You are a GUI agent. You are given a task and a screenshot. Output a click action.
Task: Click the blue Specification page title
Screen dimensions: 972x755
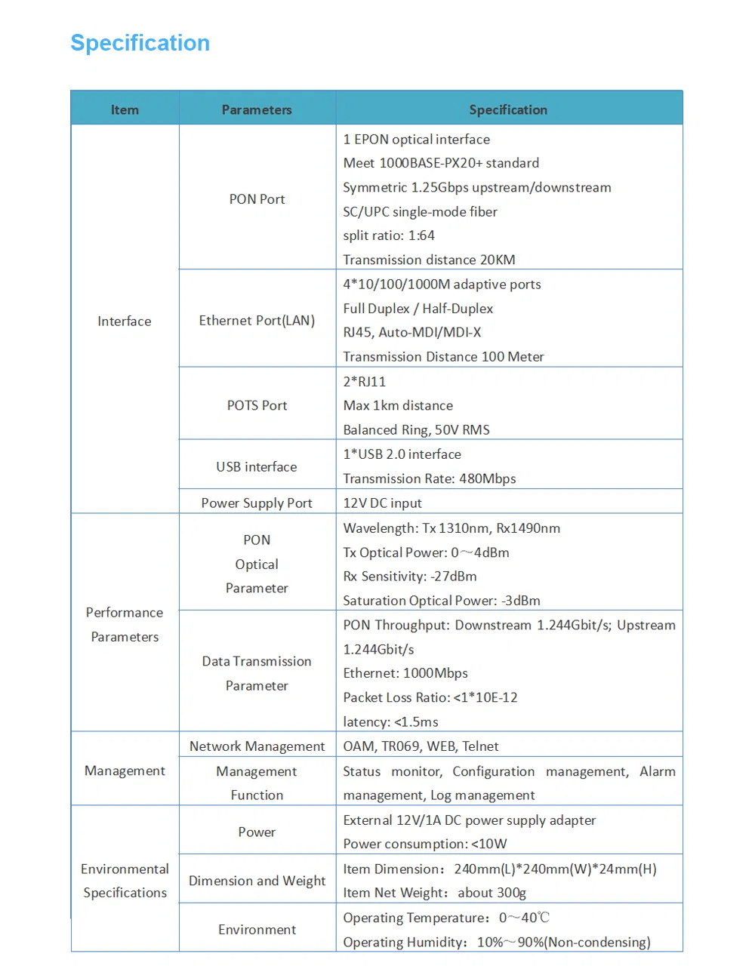tap(140, 43)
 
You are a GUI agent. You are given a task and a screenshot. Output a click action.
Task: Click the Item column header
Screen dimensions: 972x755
tap(125, 109)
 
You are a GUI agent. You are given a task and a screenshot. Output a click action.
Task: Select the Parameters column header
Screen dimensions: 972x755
tap(257, 109)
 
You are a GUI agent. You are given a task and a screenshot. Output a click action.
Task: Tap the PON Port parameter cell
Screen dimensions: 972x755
tap(257, 199)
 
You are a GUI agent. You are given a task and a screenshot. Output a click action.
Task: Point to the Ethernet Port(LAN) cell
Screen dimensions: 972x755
tap(257, 321)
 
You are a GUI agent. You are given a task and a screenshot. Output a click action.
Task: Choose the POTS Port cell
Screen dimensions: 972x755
tap(257, 405)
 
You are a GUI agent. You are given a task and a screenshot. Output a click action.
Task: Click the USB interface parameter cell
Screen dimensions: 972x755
tap(257, 467)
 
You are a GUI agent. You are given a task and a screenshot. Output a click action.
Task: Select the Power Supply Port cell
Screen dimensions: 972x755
tap(257, 503)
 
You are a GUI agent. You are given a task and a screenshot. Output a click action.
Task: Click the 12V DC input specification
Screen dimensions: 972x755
tap(382, 503)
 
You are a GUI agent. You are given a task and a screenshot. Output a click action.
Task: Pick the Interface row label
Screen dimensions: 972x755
tap(125, 321)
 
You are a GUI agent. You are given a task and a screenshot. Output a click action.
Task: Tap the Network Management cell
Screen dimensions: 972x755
tap(257, 746)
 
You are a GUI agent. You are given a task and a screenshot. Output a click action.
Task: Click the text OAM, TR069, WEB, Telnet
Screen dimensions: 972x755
tap(421, 746)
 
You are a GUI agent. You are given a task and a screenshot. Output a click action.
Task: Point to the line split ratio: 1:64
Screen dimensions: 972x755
tap(389, 235)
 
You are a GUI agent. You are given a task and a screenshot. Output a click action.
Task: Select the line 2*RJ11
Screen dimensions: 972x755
tap(364, 382)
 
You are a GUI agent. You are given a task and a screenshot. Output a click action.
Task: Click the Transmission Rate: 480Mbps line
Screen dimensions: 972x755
tap(430, 478)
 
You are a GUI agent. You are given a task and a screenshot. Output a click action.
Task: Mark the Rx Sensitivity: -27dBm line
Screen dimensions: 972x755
tap(410, 577)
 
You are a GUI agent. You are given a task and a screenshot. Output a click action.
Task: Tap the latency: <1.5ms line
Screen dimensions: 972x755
tap(390, 722)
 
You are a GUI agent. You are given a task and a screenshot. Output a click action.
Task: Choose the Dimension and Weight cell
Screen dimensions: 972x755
tap(257, 881)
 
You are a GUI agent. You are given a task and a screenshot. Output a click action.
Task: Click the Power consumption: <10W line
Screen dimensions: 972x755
tap(425, 844)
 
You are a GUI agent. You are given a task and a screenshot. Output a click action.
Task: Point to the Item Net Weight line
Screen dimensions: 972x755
tap(434, 893)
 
